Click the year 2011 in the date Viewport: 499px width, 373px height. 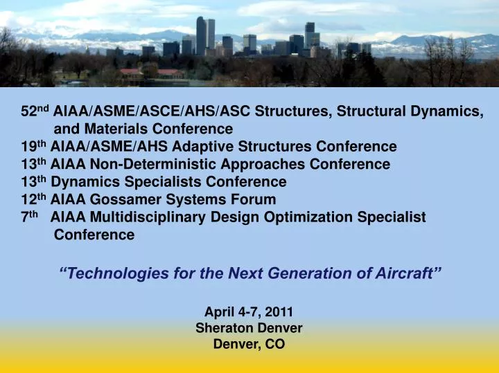click(x=283, y=312)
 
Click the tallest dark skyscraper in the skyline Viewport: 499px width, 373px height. click(x=201, y=35)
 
